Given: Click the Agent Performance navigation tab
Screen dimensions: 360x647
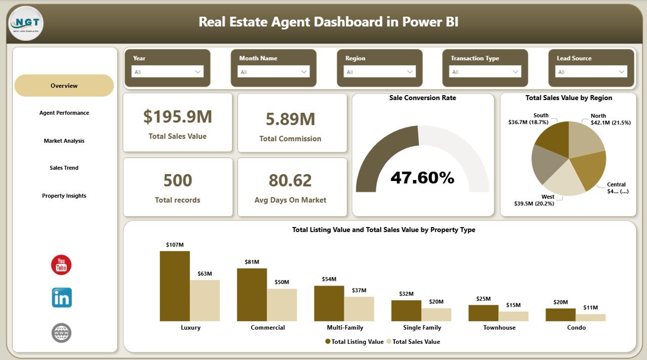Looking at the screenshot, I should pos(64,113).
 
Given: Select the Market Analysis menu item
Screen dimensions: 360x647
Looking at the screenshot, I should pos(64,141).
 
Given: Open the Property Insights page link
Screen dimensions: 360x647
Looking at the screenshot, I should pos(64,196).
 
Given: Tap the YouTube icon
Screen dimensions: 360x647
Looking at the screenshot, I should pos(61,265).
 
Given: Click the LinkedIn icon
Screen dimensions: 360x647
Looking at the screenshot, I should pos(62,298).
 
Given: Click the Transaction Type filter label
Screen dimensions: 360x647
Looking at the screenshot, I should pos(475,59).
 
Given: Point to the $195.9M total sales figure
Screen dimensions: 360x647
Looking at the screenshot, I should pos(177,117).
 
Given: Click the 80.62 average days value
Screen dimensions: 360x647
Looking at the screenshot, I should pos(290,181).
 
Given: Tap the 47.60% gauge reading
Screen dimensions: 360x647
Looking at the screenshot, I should pos(422,177).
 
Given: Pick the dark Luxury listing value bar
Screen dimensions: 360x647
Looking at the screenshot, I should pos(175,286).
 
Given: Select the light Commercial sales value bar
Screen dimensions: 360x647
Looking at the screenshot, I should pos(282,305).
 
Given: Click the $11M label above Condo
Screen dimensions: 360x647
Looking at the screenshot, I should pos(590,307).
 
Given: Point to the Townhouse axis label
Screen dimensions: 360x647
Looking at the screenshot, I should pos(499,328).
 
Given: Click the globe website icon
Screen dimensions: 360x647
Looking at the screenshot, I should pos(61,333).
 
